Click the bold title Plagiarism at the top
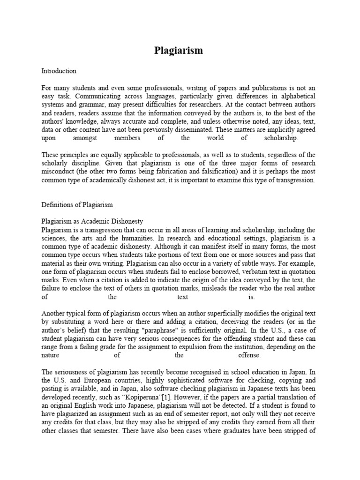(179, 51)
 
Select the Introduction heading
(59, 71)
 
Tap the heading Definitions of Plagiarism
(77, 204)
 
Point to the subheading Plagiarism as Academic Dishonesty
(92, 221)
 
